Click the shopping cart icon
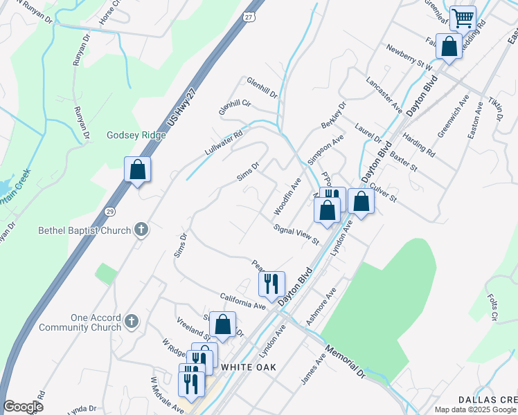click(x=463, y=17)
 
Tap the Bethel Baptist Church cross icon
click(x=141, y=229)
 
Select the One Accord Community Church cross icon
click(x=132, y=322)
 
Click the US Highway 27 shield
click(x=247, y=15)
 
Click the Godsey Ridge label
click(x=136, y=135)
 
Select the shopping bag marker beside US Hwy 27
click(x=137, y=169)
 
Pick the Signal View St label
click(x=296, y=234)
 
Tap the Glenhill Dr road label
click(x=262, y=87)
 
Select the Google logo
click(x=23, y=407)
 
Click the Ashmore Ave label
click(x=321, y=306)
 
